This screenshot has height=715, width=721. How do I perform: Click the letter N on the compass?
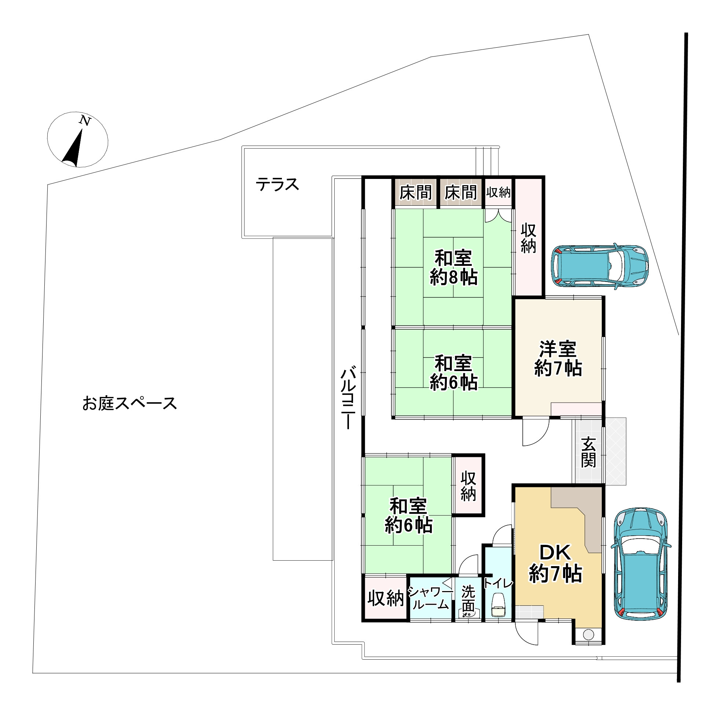coord(85,121)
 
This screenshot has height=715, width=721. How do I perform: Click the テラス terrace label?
coord(277,185)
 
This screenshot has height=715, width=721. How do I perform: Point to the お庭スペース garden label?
coord(129,404)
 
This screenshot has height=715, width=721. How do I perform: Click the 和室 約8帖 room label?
coord(453,268)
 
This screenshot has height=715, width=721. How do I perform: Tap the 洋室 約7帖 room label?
coord(558,359)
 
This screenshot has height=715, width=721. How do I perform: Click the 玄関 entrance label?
coord(588,452)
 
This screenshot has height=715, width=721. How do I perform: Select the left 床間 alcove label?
coord(415,193)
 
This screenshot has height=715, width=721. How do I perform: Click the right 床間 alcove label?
coord(461,193)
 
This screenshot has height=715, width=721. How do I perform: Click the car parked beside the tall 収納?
coord(600,266)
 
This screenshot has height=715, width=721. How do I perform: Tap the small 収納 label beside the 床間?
coord(498,192)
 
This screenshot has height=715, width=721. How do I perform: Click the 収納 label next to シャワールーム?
coord(386,598)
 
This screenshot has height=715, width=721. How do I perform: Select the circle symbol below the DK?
coord(589,634)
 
